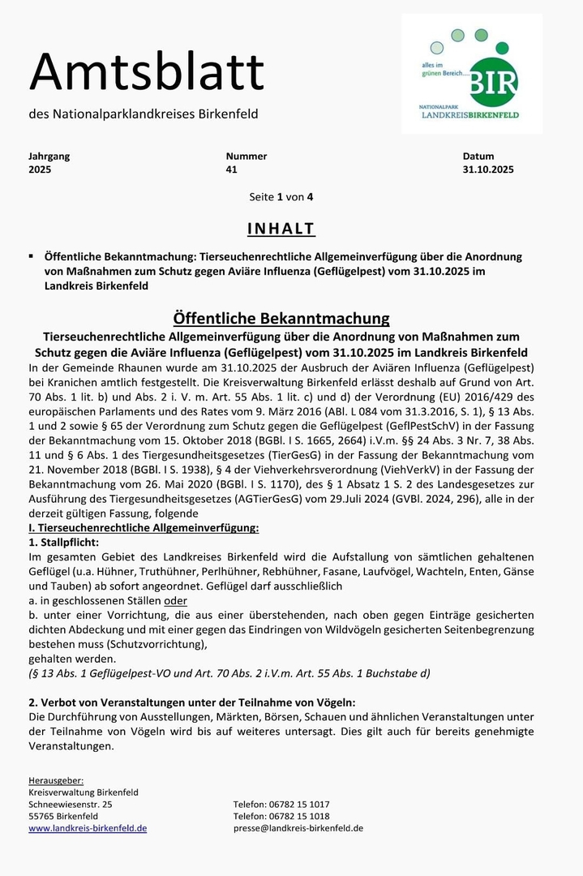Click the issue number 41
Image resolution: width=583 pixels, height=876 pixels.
232,170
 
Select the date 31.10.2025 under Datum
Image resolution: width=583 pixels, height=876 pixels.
488,170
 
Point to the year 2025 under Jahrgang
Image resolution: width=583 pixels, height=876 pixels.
40,170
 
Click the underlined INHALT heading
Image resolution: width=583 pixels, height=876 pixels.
281,229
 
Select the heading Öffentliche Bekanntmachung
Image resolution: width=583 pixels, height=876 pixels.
281,318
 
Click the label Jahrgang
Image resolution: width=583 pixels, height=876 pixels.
49,156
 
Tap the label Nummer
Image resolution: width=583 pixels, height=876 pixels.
246,156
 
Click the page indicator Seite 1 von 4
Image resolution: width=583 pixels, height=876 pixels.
281,197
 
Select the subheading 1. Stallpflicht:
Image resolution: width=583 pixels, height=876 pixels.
63,541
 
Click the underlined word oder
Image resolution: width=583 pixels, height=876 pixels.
175,600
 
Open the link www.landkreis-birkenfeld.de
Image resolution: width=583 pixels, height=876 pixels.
88,828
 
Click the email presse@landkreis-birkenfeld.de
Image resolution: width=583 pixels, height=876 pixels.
298,828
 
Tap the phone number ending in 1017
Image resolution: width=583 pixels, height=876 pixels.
281,805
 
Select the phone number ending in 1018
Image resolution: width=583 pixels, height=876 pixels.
281,816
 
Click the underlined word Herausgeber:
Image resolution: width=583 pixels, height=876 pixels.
56,779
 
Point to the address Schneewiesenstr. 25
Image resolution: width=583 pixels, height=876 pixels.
71,805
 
